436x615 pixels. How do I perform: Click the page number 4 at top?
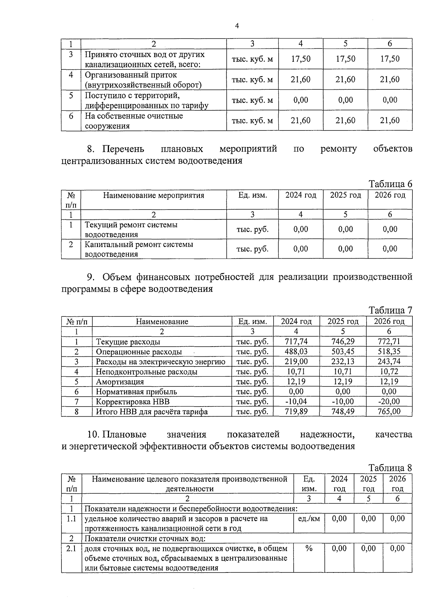(x=237, y=26)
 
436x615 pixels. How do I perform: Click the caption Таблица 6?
(x=391, y=184)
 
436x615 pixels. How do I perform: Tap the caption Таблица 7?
(x=391, y=310)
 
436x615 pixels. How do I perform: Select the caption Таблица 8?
(x=391, y=468)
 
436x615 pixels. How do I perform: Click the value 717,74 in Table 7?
(x=296, y=341)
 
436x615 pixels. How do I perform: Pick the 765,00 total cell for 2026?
(x=389, y=412)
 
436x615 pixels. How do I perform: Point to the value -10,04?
(x=296, y=401)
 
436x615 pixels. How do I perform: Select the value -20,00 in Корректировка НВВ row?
(x=389, y=401)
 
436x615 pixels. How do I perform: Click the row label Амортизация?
(x=120, y=382)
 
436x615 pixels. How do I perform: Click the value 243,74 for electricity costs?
(x=389, y=362)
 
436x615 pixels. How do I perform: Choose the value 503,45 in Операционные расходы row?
(x=343, y=352)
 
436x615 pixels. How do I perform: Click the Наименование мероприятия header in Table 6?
(x=154, y=195)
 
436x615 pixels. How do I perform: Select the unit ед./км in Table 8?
(x=309, y=519)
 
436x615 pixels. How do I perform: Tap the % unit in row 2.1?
(x=309, y=549)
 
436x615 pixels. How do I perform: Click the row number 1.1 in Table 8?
(x=71, y=519)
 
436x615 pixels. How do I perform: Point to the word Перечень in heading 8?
(x=123, y=149)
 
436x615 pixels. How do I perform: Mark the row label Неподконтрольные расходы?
(x=146, y=372)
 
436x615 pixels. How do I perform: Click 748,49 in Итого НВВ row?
(x=343, y=412)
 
